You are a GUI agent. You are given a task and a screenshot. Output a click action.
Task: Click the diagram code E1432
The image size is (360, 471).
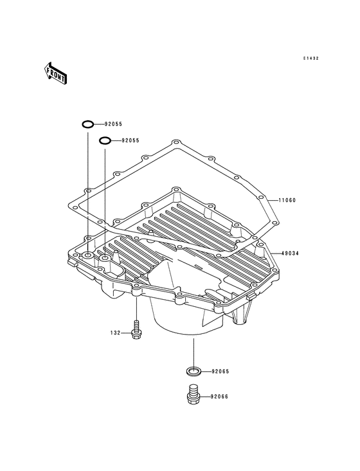point(310,59)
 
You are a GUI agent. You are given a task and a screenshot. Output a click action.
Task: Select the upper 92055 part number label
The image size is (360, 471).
point(113,124)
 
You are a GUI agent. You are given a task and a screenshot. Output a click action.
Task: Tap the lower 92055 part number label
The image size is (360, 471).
point(130,140)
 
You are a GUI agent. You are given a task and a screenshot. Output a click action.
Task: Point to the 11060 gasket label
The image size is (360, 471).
point(287,200)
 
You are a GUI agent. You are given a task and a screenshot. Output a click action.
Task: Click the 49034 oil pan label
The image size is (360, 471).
point(290,254)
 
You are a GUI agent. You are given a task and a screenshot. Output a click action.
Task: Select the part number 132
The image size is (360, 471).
point(115,333)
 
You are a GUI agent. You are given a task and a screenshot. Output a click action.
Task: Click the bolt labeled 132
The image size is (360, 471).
point(136,331)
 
